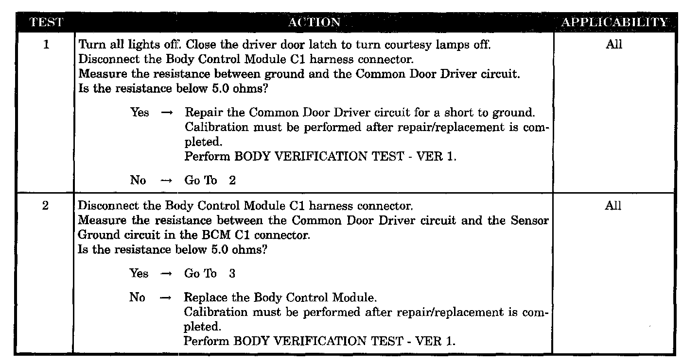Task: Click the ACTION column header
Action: (314, 22)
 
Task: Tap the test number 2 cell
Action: (45, 206)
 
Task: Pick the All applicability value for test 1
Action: (613, 45)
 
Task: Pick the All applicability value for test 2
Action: (613, 206)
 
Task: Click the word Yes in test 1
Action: (140, 113)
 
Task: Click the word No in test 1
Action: (138, 180)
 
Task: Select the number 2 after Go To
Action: (232, 180)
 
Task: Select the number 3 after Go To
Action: (232, 274)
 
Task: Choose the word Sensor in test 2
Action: (530, 221)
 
